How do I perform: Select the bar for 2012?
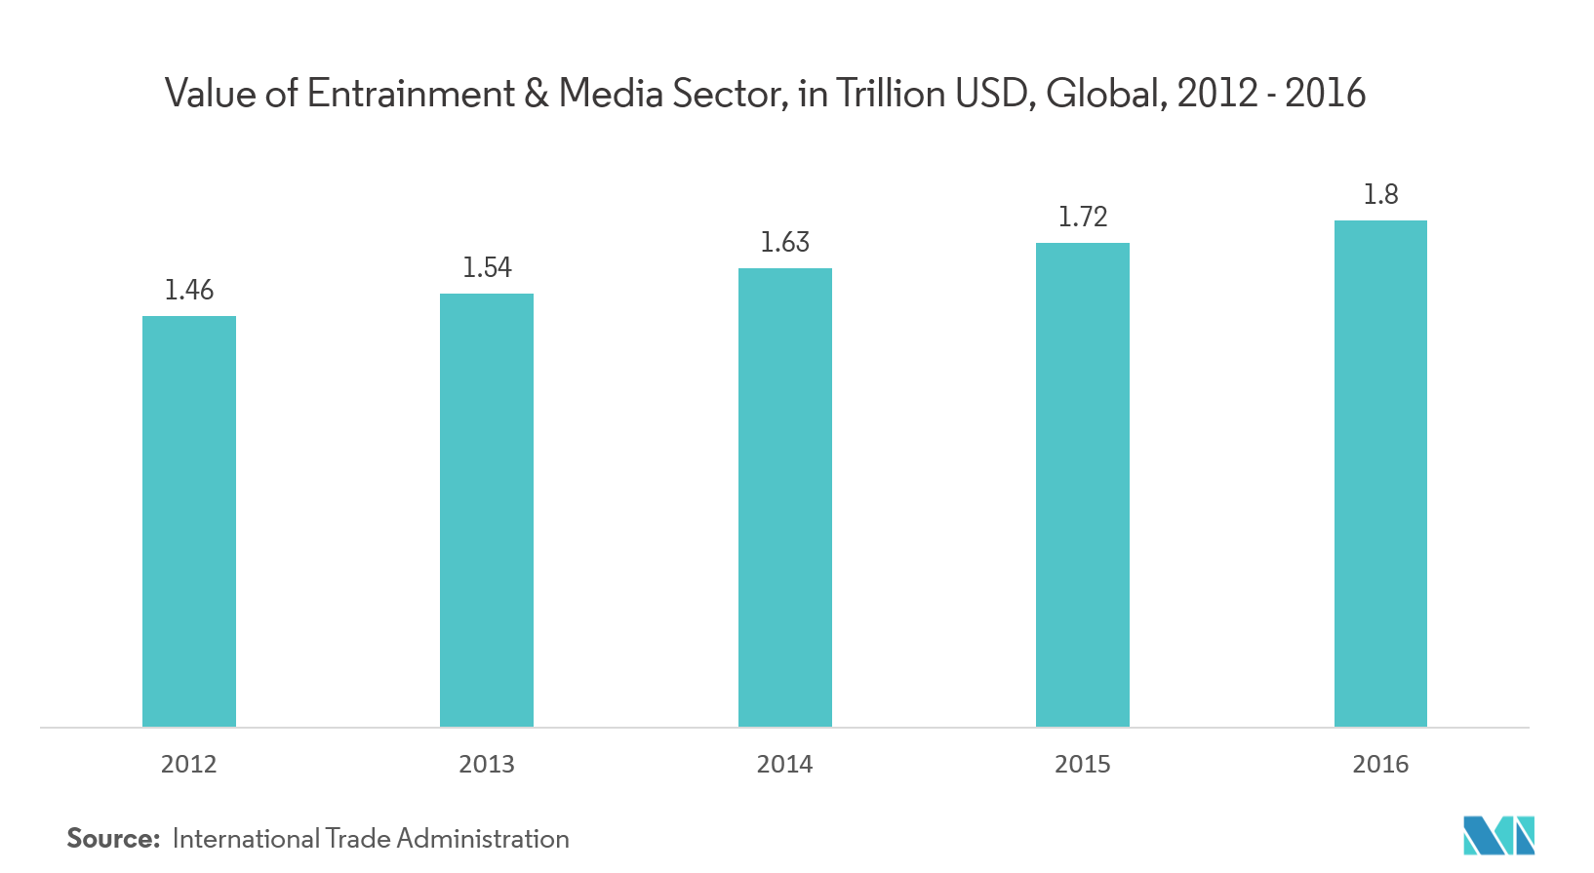(189, 521)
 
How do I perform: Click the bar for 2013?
(487, 510)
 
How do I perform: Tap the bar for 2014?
(785, 497)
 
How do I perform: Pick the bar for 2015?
(1083, 485)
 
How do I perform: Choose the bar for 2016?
(1380, 473)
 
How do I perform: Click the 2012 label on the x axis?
(189, 764)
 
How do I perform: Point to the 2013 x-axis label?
(487, 764)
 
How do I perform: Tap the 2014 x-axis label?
(785, 764)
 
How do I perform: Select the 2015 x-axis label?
(1083, 764)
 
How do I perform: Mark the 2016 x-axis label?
(1380, 764)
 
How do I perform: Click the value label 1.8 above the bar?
(1380, 195)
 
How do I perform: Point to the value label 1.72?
(1083, 217)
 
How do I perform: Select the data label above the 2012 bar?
(189, 290)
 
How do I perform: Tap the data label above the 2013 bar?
(487, 267)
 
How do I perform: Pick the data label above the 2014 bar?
(785, 242)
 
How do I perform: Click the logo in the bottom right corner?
(1499, 837)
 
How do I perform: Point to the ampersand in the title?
(536, 94)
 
